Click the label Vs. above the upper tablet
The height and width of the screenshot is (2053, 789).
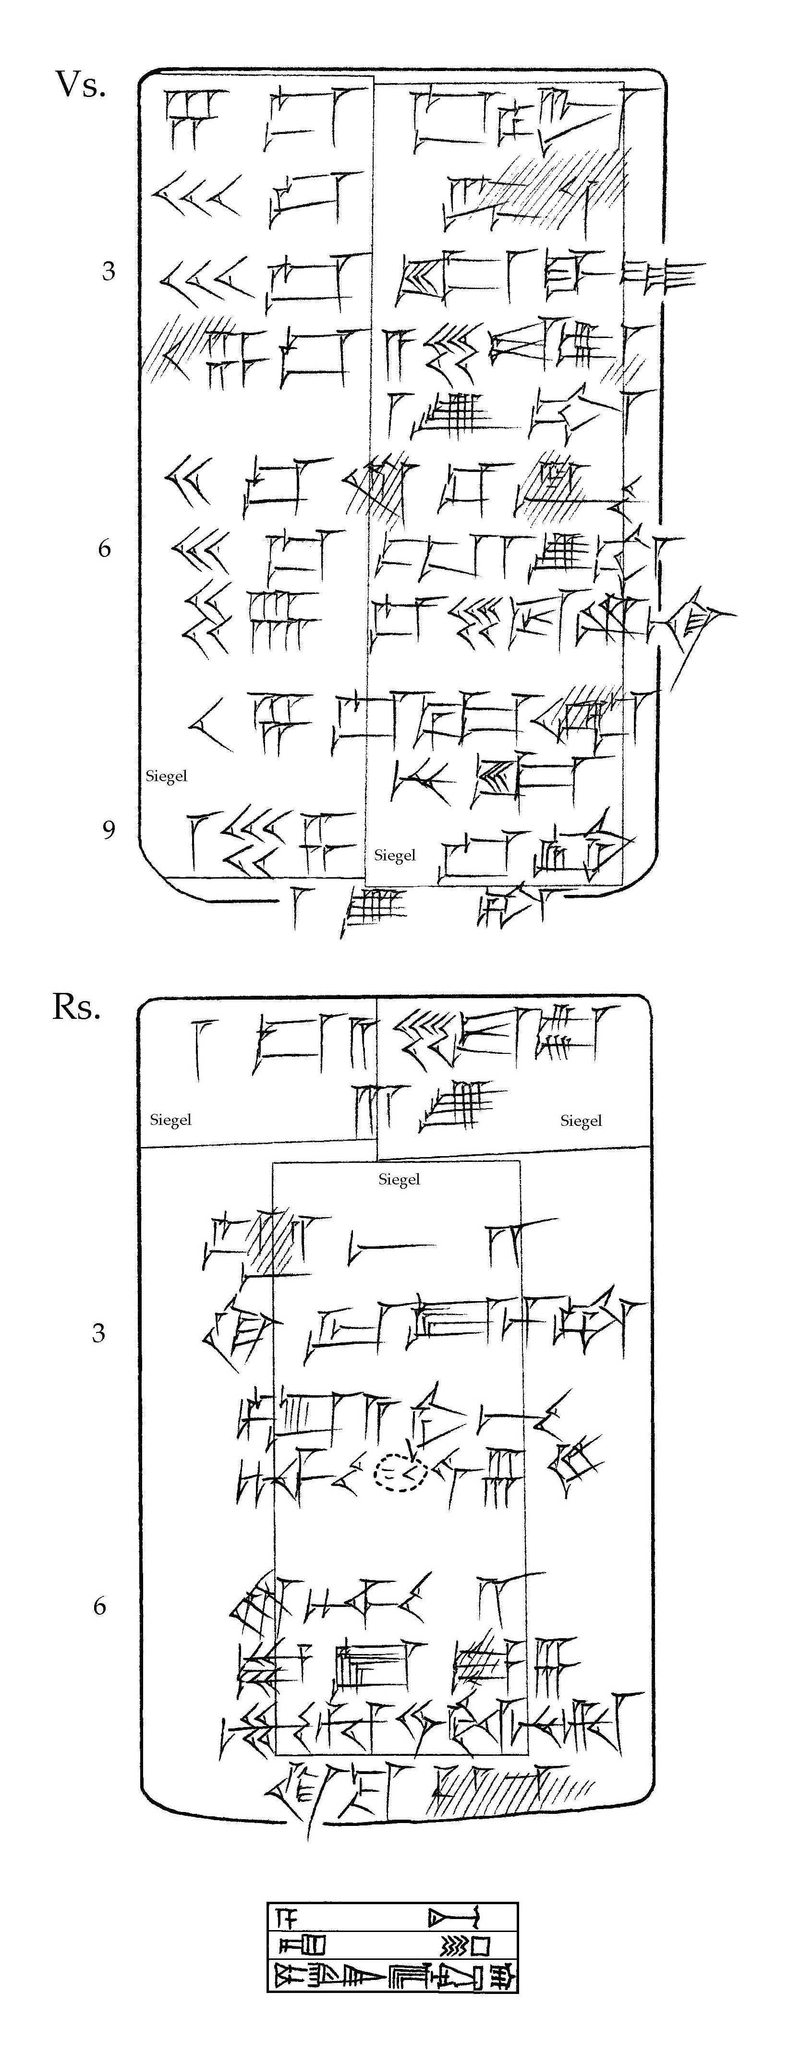tap(80, 85)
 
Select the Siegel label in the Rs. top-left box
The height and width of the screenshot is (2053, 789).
tap(170, 1120)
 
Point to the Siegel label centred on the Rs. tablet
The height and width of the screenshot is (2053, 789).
tap(399, 1180)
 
